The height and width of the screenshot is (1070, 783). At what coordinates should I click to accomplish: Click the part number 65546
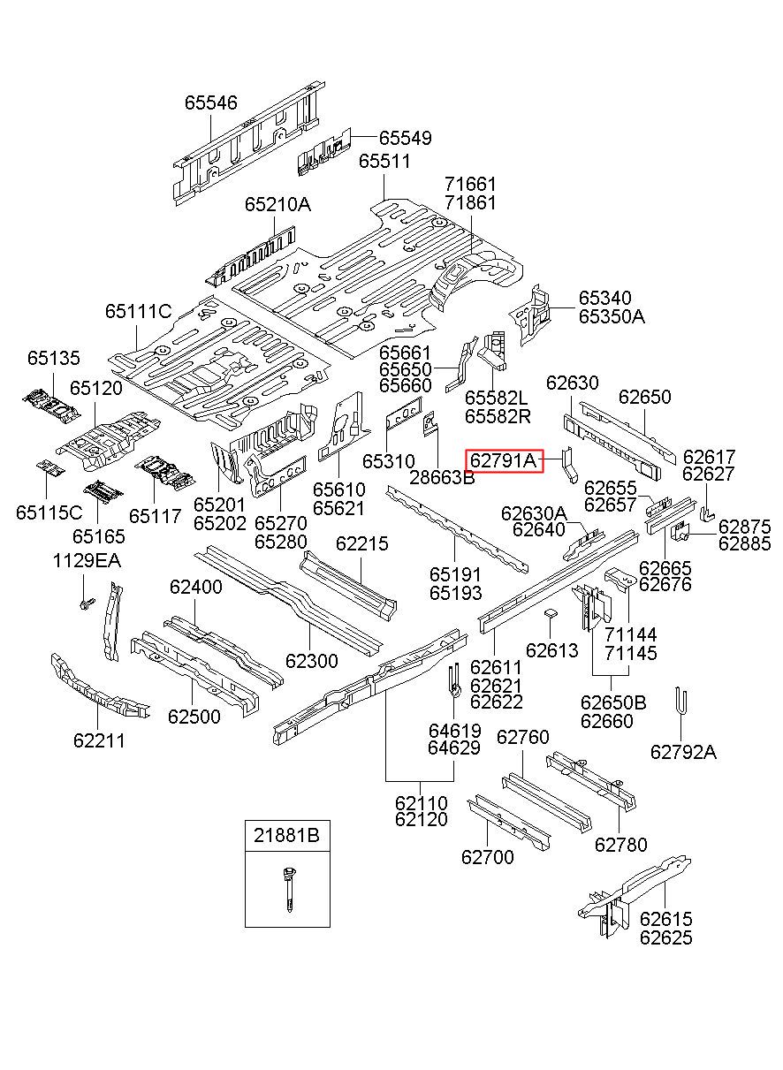click(210, 102)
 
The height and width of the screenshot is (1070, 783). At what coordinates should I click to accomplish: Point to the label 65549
click(405, 138)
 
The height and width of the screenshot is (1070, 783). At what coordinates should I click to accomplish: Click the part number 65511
click(384, 161)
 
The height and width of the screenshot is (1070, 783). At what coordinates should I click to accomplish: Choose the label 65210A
click(278, 204)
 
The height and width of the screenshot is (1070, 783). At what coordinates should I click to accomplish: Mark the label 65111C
click(139, 311)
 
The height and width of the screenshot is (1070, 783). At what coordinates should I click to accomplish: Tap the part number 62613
click(551, 650)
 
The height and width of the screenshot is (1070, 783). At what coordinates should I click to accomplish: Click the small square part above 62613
click(551, 613)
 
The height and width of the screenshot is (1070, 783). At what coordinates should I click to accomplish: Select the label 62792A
click(683, 752)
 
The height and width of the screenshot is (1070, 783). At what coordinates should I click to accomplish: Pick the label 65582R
click(498, 416)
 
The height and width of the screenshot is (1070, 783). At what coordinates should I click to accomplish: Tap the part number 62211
click(99, 740)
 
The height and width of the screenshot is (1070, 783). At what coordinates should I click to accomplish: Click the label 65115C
click(49, 512)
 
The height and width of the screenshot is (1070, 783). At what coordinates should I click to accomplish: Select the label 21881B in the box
click(286, 836)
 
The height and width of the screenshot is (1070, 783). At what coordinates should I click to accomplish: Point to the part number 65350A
click(612, 316)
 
